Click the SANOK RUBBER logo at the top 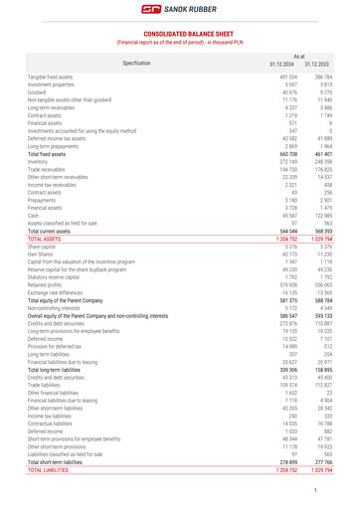click(x=179, y=9)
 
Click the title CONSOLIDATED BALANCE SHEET click(x=179, y=34)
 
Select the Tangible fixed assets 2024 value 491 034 click(x=288, y=77)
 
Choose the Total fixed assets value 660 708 click(x=287, y=154)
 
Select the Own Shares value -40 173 click(x=288, y=256)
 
